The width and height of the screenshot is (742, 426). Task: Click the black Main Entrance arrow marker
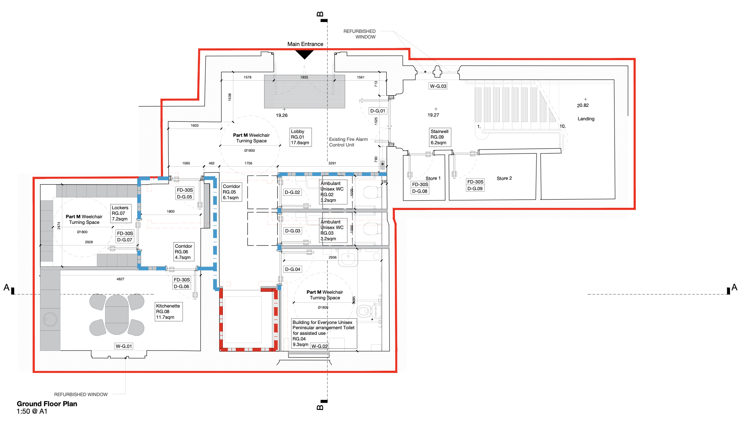click(304, 55)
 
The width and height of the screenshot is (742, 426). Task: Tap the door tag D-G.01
click(378, 111)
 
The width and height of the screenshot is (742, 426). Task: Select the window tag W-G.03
click(438, 86)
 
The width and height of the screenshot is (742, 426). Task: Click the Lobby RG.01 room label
click(300, 137)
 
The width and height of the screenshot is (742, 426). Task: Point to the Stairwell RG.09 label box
click(440, 137)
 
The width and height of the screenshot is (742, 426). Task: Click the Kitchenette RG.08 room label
click(169, 312)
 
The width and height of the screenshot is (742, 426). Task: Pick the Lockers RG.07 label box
click(121, 213)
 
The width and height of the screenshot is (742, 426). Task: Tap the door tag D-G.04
click(293, 269)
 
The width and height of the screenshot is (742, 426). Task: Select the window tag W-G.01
click(124, 346)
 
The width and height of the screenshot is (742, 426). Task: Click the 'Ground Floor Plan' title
click(47, 404)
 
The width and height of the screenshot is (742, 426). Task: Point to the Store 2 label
click(504, 178)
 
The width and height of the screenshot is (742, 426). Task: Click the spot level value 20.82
click(583, 105)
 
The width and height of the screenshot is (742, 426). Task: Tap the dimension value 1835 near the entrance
click(304, 77)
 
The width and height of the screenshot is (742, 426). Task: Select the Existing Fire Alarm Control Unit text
click(349, 142)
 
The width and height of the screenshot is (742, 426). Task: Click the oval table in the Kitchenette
click(117, 315)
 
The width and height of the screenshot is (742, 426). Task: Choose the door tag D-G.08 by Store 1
click(420, 191)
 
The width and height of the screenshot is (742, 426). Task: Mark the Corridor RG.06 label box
click(184, 252)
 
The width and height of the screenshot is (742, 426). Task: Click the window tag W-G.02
click(319, 346)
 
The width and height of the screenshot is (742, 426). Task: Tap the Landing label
click(586, 119)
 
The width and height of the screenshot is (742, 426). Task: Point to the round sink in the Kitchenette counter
click(50, 319)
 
